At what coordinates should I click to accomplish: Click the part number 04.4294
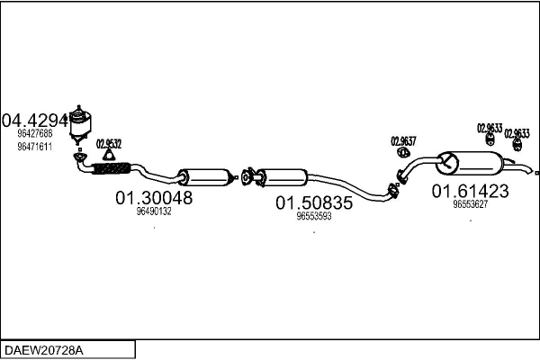coord(35,119)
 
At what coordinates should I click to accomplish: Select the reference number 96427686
coord(34,133)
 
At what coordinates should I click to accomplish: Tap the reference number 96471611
coord(34,146)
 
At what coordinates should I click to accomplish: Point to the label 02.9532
coord(109,142)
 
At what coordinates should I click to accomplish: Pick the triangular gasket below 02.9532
coord(110,154)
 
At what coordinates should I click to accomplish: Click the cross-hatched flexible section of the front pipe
coord(110,167)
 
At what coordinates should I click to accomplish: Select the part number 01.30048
coord(153,197)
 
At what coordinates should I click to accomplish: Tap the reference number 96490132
coord(154,211)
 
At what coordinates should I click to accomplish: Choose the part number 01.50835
coord(314,202)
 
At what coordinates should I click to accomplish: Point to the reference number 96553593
coord(314,216)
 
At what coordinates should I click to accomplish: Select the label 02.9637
coord(403,140)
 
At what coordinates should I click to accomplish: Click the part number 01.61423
coord(470,191)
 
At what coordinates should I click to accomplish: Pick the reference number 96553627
coord(470,204)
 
